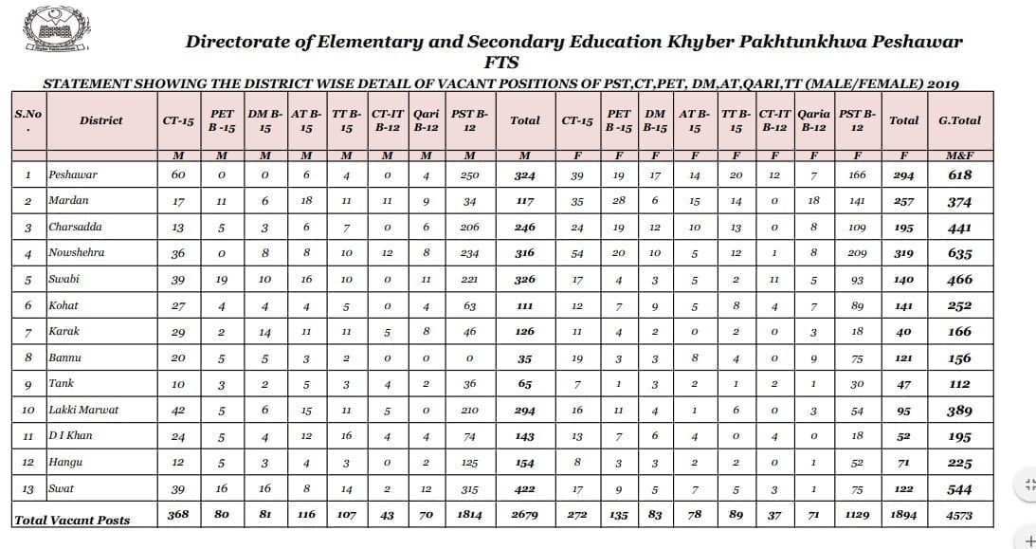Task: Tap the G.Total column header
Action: pos(959,120)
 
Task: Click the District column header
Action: pos(101,120)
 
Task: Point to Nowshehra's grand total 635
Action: pos(959,254)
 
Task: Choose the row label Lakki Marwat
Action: pos(83,411)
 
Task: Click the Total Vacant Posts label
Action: pos(72,520)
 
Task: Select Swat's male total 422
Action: pos(524,489)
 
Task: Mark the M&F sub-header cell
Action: pos(959,156)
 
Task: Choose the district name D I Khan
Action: pos(71,436)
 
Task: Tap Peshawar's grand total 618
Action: pos(959,175)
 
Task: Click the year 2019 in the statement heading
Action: pos(942,83)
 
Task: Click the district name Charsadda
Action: pos(76,228)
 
